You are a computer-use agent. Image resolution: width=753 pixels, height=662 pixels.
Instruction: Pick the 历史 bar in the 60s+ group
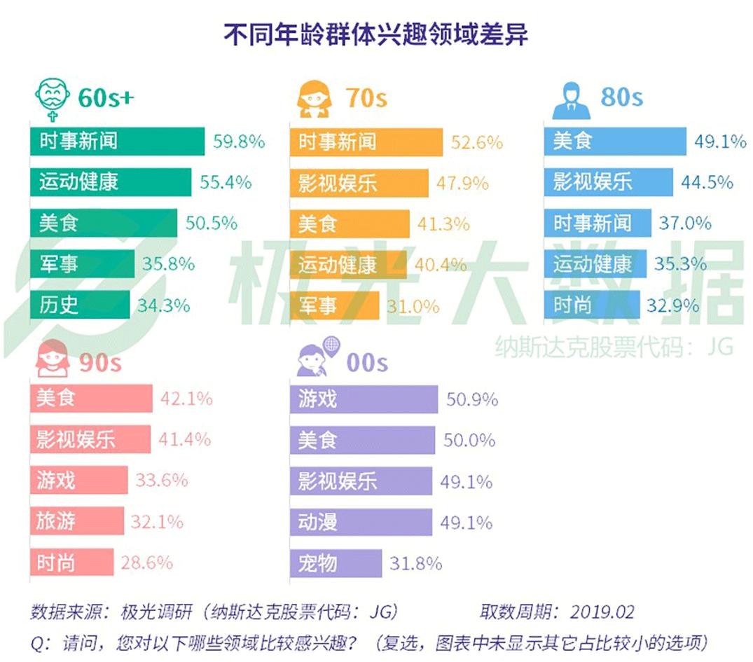coord(79,305)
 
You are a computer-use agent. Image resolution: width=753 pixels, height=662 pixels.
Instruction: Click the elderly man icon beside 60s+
coord(53,99)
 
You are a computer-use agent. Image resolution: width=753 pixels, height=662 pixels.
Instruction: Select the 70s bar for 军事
coord(334,305)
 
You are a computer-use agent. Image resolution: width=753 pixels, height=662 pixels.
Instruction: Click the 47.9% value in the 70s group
coord(462,183)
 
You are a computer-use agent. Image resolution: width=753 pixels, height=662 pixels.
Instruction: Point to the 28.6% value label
coord(146,563)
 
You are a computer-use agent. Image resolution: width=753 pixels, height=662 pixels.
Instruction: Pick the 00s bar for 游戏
coord(364,399)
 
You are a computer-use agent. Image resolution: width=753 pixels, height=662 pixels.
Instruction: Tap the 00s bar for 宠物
coord(336,563)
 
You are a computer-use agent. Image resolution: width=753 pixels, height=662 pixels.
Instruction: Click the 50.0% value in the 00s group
coord(469,441)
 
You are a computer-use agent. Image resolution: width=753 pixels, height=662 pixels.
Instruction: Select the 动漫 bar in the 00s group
coord(361,522)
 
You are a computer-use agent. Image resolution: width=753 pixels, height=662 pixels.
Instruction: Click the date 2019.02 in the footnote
coord(602,612)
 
